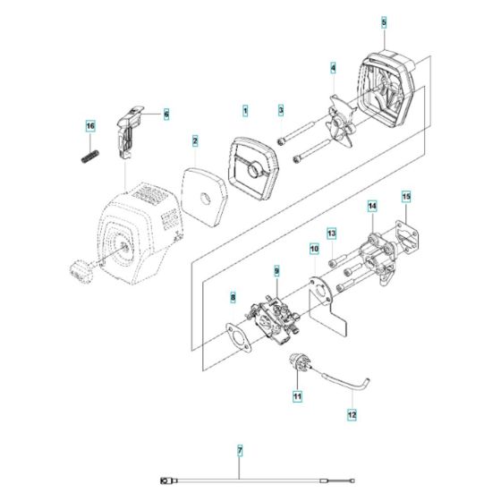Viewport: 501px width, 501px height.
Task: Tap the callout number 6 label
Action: (166, 114)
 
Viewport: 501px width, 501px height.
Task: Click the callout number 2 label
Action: (195, 140)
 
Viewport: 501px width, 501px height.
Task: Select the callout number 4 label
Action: (334, 68)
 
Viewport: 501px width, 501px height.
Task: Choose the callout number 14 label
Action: (372, 208)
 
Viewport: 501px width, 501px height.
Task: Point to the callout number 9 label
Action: (276, 270)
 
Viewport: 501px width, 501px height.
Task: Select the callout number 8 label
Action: (233, 296)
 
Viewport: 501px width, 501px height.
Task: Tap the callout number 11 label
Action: (297, 395)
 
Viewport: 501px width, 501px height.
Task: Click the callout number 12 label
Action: (352, 414)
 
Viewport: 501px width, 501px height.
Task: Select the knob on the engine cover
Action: (79, 268)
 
